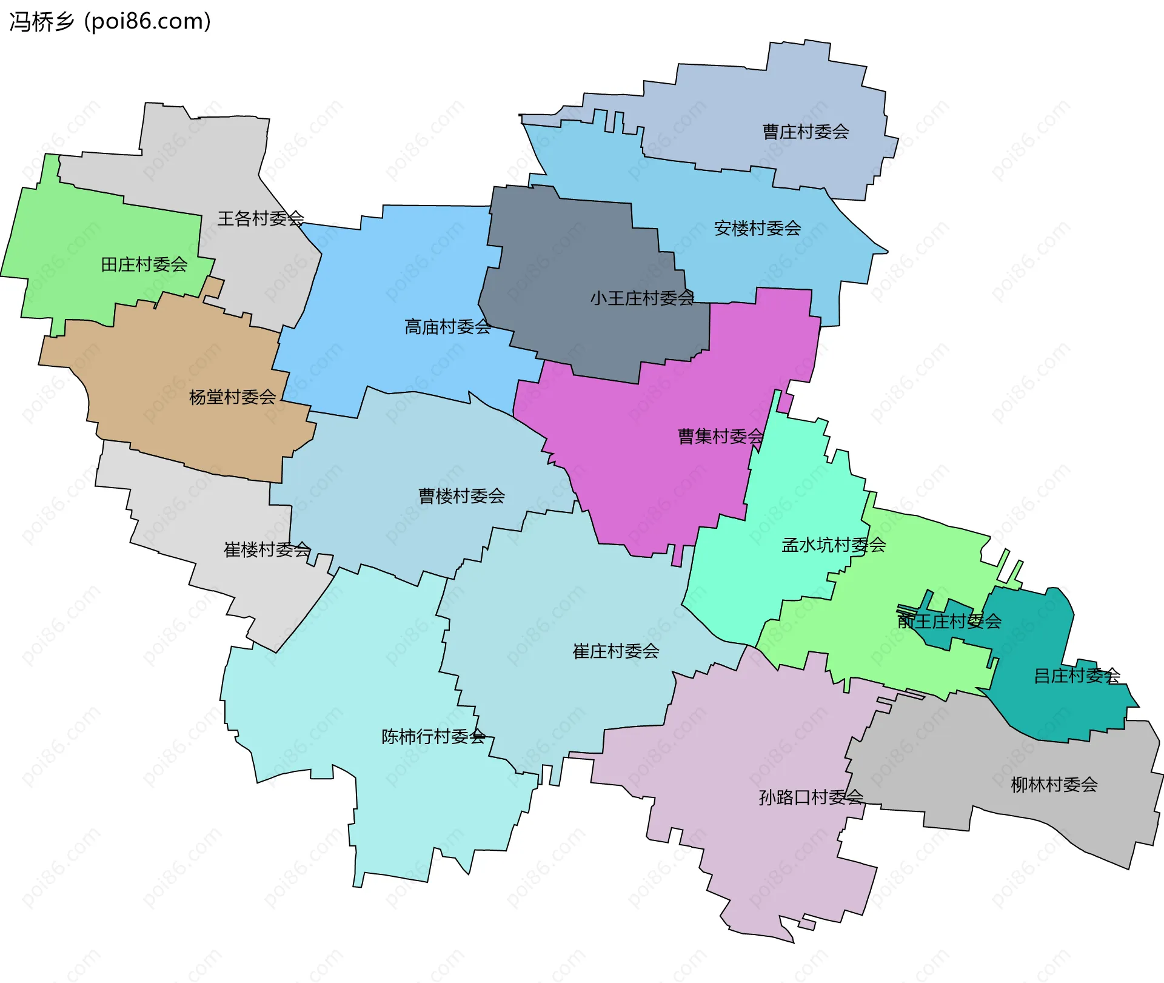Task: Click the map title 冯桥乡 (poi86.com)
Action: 110,21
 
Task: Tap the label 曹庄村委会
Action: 805,132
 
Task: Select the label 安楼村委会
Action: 757,228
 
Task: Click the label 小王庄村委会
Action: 641,298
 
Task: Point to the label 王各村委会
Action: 261,218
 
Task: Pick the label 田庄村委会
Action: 144,264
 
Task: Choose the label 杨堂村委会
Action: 232,397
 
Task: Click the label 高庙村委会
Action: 447,327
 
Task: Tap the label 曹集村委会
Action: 720,436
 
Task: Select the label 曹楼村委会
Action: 461,496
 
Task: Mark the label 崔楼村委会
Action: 267,549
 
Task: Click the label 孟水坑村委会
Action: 834,545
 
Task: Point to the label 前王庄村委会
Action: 949,621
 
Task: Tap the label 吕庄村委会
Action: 1077,676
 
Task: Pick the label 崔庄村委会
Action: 616,651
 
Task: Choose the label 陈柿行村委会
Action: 433,736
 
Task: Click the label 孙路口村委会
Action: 811,797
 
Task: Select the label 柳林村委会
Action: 1054,785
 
